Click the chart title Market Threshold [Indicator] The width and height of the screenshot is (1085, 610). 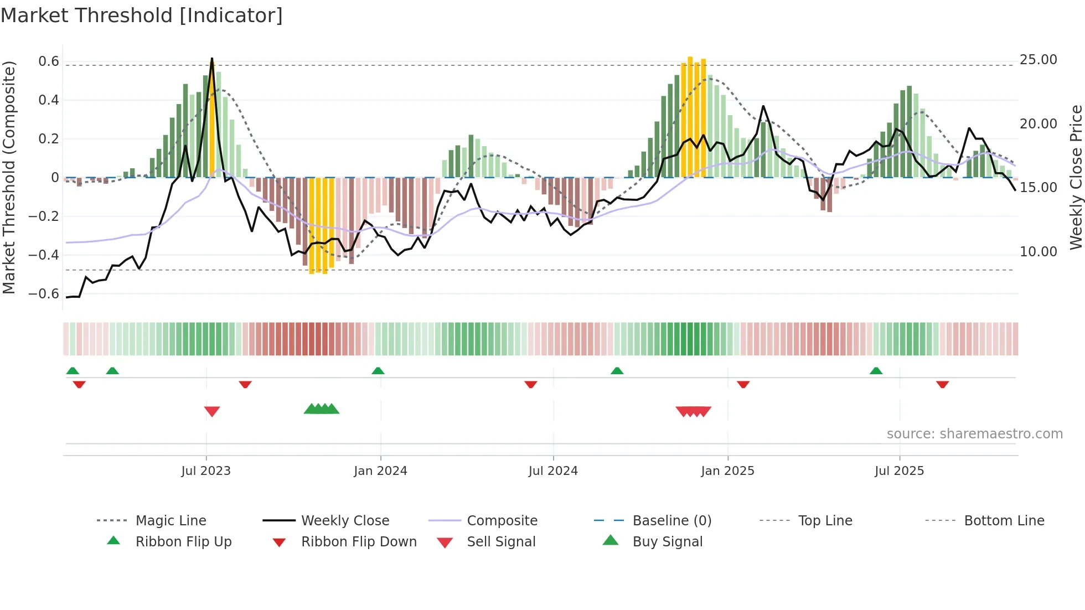142,15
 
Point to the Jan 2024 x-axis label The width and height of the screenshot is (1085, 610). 380,471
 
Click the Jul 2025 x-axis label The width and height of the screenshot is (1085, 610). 899,471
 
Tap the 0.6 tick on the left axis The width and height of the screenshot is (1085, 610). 49,61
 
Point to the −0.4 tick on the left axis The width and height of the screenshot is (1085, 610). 44,255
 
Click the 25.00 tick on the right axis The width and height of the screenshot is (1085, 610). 1038,59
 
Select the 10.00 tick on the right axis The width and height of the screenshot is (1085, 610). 1038,251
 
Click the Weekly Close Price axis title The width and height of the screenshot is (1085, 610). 1076,177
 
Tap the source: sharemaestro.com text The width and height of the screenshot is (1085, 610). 974,433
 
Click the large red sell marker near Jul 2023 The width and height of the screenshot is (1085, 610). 212,411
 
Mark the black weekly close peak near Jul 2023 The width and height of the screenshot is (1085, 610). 212,59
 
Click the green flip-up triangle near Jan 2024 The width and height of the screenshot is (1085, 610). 378,370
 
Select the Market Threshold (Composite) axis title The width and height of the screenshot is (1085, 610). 9,177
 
